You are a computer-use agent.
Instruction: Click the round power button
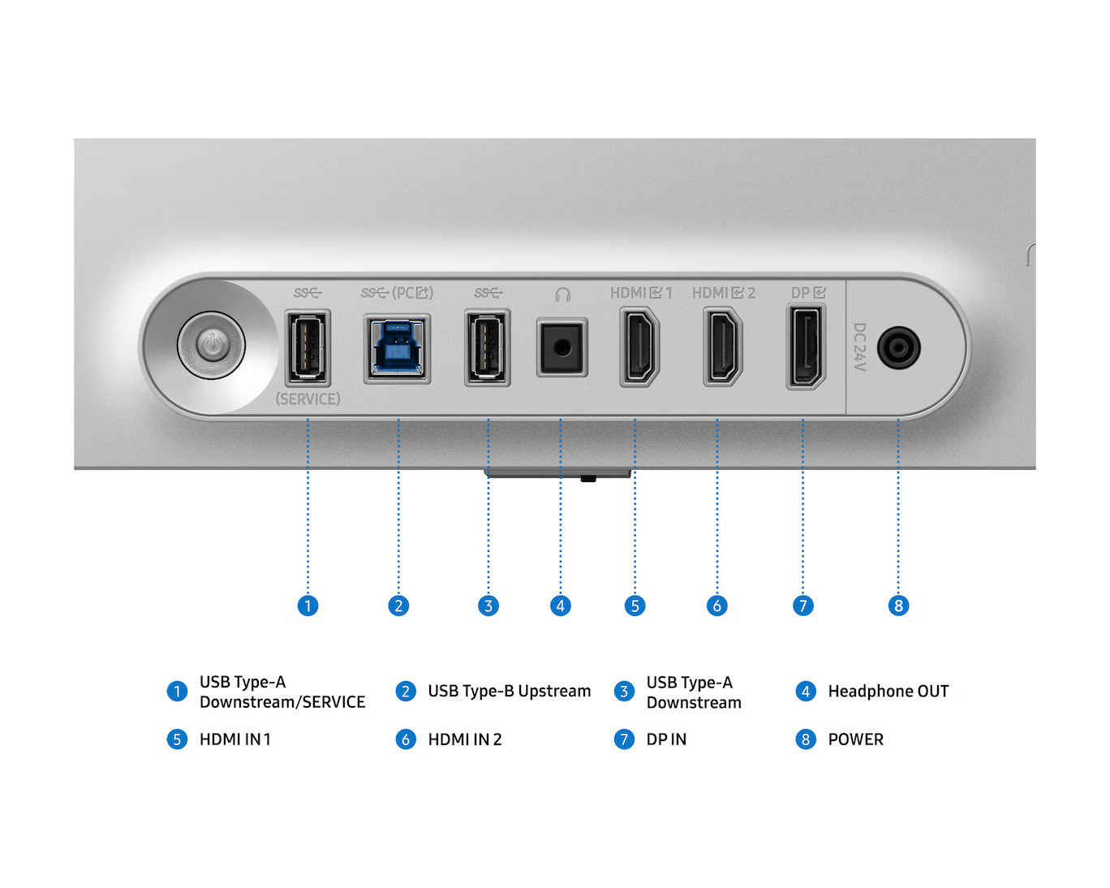coord(212,345)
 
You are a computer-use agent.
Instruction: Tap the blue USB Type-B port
coord(397,348)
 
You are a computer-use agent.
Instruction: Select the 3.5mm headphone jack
coord(562,347)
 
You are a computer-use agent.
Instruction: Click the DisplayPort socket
coord(806,347)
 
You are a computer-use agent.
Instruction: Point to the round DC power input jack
coord(898,347)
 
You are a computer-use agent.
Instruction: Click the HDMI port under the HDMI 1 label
coord(639,347)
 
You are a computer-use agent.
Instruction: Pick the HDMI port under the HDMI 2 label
coord(723,347)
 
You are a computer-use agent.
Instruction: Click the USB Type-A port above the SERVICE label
coord(308,347)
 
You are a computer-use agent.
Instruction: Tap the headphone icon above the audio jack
coord(563,295)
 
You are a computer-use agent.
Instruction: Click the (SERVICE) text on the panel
coord(308,399)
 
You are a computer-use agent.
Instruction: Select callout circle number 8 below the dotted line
coord(898,606)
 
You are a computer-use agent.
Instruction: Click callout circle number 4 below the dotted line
coord(561,606)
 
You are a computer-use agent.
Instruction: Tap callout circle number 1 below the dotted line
coord(308,606)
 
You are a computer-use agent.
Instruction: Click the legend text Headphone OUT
coord(888,692)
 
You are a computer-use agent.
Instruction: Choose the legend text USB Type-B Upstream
coord(510,692)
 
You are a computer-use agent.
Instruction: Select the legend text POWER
coord(856,739)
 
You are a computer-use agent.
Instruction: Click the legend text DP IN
coord(666,739)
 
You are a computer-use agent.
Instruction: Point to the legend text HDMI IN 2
coord(465,739)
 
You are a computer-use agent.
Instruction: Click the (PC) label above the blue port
coord(413,293)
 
